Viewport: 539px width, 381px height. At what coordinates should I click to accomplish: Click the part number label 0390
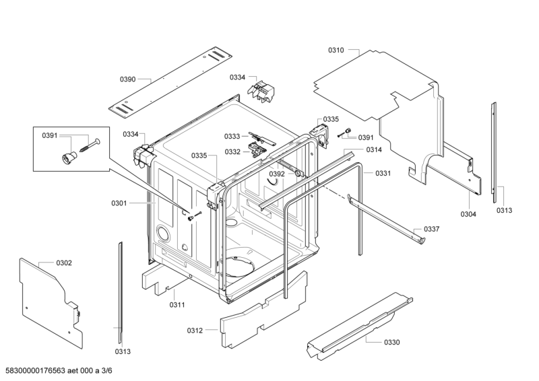click(x=128, y=79)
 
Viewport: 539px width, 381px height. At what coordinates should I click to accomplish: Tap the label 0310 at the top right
click(x=336, y=50)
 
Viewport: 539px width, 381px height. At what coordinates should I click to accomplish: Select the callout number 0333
click(x=232, y=136)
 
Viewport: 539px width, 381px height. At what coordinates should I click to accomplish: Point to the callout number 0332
click(x=232, y=151)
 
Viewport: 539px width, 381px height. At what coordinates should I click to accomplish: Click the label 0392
click(x=277, y=174)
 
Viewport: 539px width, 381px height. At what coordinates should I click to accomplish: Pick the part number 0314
click(x=375, y=149)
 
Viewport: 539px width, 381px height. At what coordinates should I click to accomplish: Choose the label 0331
click(x=383, y=174)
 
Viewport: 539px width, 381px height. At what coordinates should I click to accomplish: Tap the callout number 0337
click(x=432, y=229)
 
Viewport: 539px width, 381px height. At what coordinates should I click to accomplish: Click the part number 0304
click(x=468, y=214)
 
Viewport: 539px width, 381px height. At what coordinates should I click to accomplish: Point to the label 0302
click(x=64, y=263)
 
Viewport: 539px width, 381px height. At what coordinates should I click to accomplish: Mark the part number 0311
click(x=177, y=305)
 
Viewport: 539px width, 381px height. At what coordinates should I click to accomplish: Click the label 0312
click(x=195, y=330)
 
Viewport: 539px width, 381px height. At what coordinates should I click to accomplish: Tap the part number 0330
click(x=392, y=342)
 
